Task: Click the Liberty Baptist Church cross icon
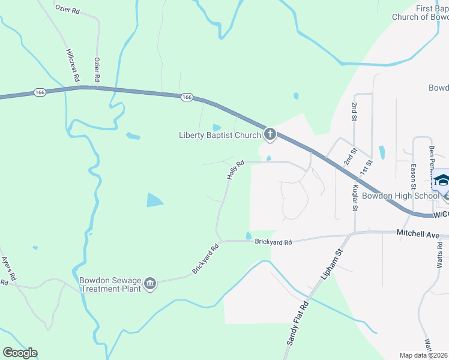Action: [270, 134]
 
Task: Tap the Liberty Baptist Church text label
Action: [220, 135]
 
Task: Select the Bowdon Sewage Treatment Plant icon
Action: [150, 283]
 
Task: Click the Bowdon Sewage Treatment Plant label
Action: [110, 284]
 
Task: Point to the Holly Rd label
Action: [235, 170]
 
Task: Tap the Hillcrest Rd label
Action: [72, 65]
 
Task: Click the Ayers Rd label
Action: [8, 269]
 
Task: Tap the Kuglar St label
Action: [354, 197]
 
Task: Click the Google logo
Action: [20, 353]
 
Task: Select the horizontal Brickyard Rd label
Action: [273, 242]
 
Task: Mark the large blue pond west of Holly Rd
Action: [154, 200]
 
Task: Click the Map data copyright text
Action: [424, 355]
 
